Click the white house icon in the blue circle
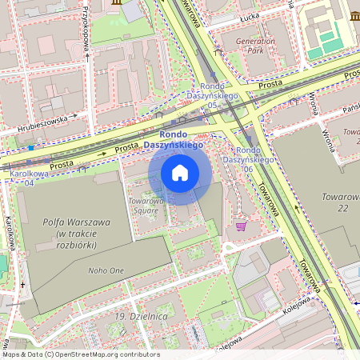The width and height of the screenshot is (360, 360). pos(180,172)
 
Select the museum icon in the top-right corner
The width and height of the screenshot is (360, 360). pos(354,16)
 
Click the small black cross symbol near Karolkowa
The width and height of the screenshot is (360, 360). pos(22,284)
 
